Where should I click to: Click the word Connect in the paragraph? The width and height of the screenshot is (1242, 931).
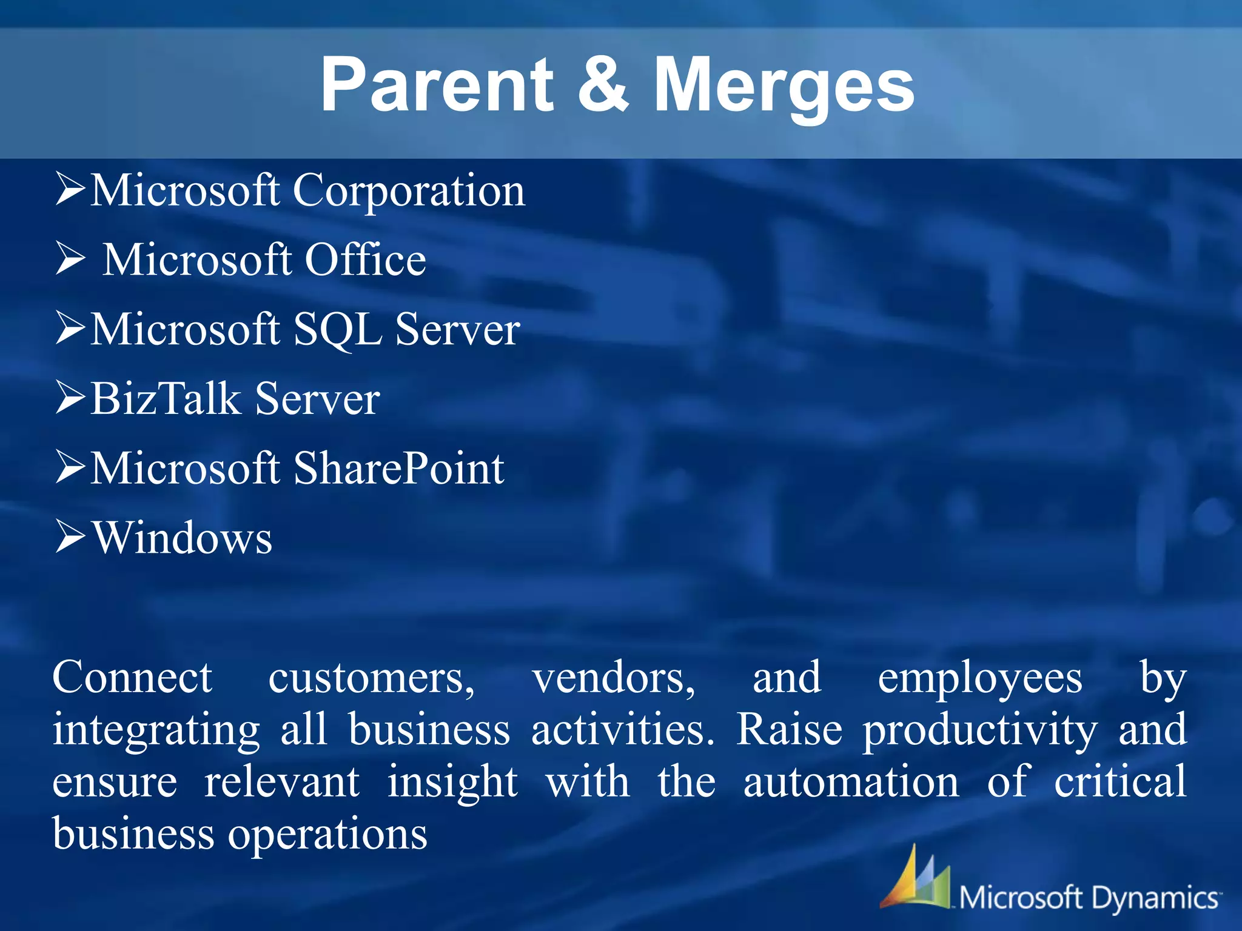click(x=132, y=678)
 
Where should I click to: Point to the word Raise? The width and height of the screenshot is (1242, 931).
click(x=789, y=730)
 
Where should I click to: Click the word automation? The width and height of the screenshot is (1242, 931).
click(x=851, y=782)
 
